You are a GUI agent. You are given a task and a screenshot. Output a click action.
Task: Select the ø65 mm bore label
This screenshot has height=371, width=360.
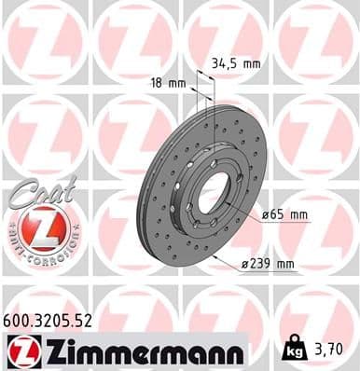(285, 215)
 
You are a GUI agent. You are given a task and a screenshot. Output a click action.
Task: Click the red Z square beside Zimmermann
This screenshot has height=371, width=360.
(19, 351)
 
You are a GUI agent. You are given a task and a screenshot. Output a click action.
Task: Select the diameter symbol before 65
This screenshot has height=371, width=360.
(265, 215)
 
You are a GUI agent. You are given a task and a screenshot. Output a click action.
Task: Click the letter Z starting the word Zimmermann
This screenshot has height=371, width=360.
(46, 351)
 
